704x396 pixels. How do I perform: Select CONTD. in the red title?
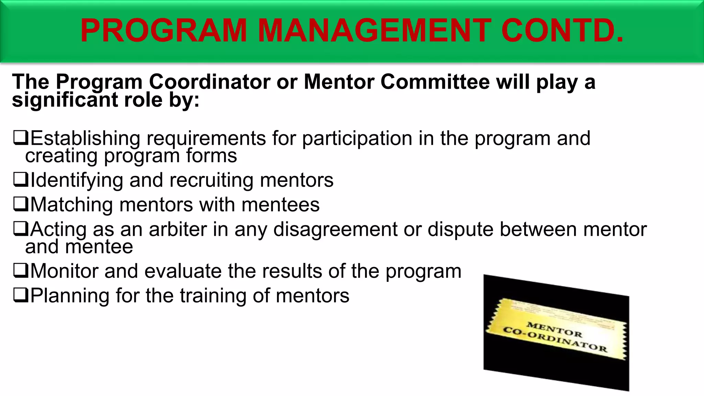562,31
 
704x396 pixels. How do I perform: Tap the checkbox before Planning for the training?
20,295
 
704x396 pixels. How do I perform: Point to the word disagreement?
335,230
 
